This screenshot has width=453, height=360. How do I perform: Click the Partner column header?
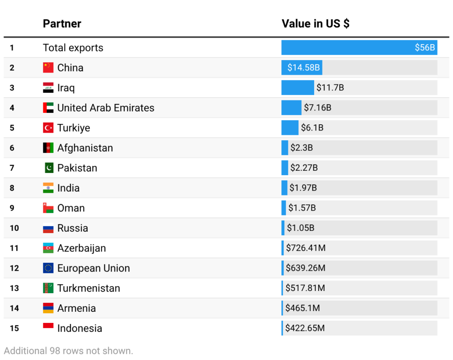click(62, 24)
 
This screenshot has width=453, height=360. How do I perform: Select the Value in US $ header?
click(315, 24)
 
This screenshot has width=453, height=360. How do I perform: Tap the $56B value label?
click(425, 47)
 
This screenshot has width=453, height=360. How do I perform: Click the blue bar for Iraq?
click(298, 88)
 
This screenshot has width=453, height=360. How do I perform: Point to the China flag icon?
click(48, 68)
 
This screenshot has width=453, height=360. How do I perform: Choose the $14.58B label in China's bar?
click(303, 68)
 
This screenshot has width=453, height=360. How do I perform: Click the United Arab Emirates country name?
click(106, 108)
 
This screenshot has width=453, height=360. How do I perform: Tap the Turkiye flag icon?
click(48, 128)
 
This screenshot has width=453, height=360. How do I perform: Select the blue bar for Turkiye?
click(290, 128)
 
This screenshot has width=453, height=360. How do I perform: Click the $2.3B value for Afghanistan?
click(302, 148)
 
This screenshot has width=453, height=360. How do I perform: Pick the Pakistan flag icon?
click(49, 168)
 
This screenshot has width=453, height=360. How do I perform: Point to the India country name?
click(69, 188)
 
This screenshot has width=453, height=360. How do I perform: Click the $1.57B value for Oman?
click(302, 208)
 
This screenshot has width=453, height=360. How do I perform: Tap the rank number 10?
click(14, 228)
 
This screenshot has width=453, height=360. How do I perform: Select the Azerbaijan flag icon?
click(48, 248)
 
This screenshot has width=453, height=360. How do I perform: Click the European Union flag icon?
click(48, 268)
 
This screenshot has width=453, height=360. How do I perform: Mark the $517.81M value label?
click(305, 288)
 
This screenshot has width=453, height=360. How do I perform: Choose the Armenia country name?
click(77, 308)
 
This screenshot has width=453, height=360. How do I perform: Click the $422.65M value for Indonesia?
click(305, 328)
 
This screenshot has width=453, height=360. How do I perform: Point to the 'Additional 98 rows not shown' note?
click(69, 351)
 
